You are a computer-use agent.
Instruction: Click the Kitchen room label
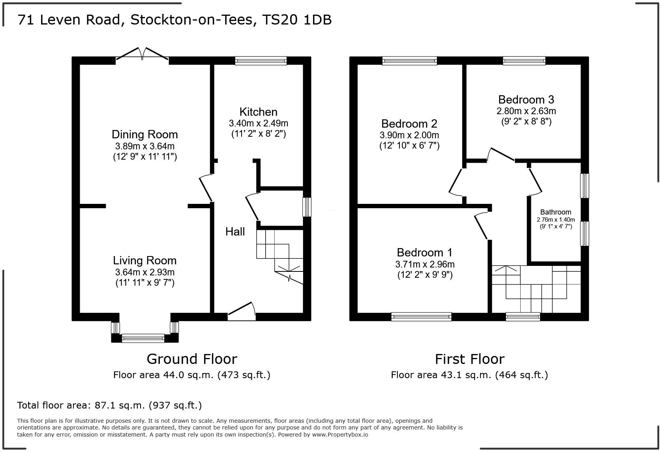point(258,112)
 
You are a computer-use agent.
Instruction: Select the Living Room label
point(144,260)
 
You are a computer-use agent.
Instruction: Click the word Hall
point(235,232)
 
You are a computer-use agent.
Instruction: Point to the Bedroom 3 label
point(526,100)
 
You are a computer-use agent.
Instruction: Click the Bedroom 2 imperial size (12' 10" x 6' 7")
point(409,145)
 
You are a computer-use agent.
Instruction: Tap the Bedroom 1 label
point(424,252)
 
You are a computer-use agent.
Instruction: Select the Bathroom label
point(555,212)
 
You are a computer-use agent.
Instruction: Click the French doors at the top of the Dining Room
point(142,55)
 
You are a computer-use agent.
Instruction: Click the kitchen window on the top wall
point(261,60)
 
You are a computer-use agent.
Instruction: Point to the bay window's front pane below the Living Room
point(143,338)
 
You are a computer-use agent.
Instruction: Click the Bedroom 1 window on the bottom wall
point(421,316)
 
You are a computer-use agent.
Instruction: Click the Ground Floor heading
point(192,359)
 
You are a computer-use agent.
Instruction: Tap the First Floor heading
point(469,359)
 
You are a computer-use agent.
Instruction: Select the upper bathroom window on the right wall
point(584,186)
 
